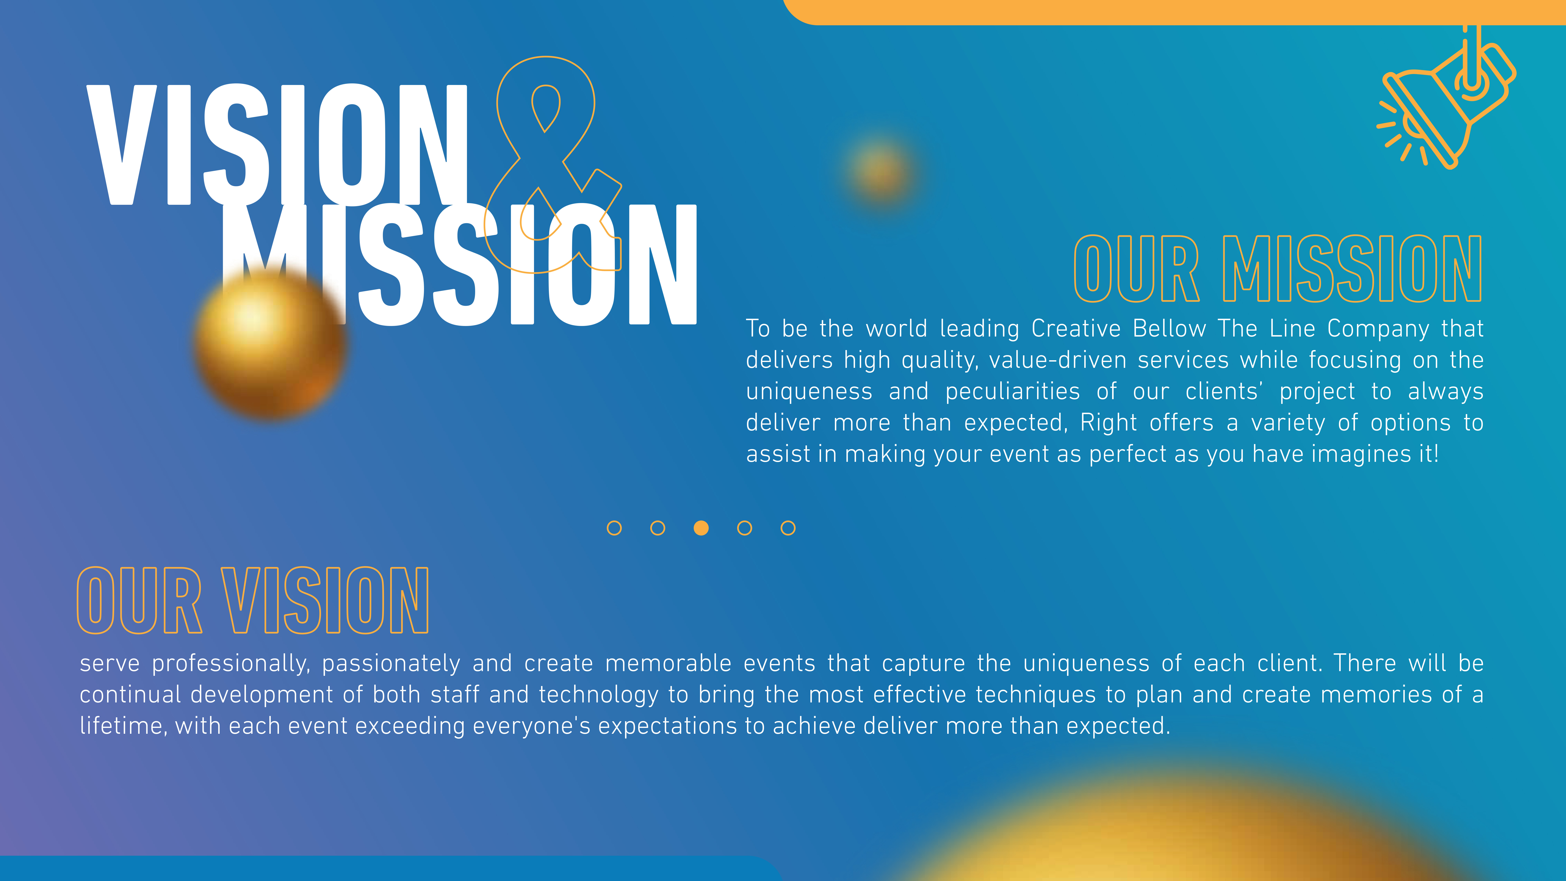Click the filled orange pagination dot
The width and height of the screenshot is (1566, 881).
click(701, 528)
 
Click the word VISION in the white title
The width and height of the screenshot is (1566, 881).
click(277, 145)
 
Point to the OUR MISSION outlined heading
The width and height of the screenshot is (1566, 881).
click(1278, 269)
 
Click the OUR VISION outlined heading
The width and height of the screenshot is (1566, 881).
click(253, 600)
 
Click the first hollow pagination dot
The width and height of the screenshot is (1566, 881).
click(614, 528)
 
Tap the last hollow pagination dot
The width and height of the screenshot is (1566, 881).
click(788, 528)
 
